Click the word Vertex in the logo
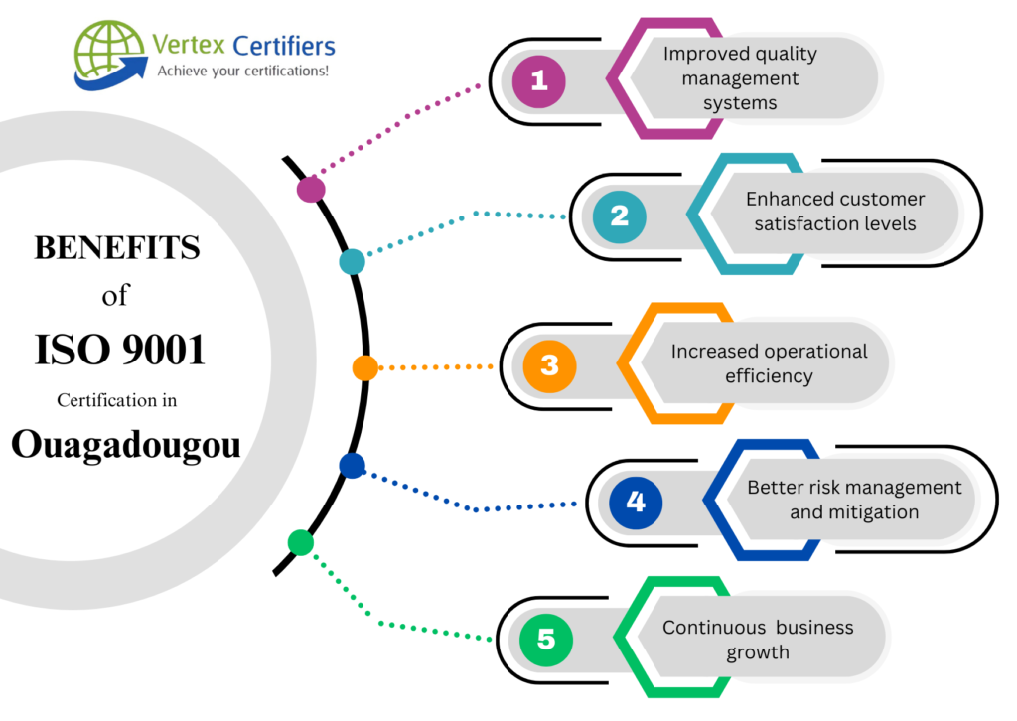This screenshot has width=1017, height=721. pos(188,45)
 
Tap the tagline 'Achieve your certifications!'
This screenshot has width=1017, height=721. pos(242,72)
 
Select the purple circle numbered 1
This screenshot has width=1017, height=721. pos(539,80)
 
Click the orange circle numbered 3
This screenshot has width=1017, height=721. pos(549,364)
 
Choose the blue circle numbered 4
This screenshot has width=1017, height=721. pos(636,502)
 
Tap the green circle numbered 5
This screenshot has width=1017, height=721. pos(546,640)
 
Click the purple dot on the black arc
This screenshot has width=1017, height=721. pos(311,189)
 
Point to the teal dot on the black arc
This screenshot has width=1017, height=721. pos(352,262)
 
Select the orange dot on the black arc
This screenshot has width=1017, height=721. pos(365,368)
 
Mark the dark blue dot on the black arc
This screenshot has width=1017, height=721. pos(353,465)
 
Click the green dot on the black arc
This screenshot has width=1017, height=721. pos(301,543)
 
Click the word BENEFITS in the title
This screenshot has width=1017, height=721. pos(117,248)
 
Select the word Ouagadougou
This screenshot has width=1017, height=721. pos(126,445)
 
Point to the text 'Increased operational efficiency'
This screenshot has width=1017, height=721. pos(769,363)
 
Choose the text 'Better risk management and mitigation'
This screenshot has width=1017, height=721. pos(854,500)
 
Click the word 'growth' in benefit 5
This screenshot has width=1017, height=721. pos(758,652)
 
